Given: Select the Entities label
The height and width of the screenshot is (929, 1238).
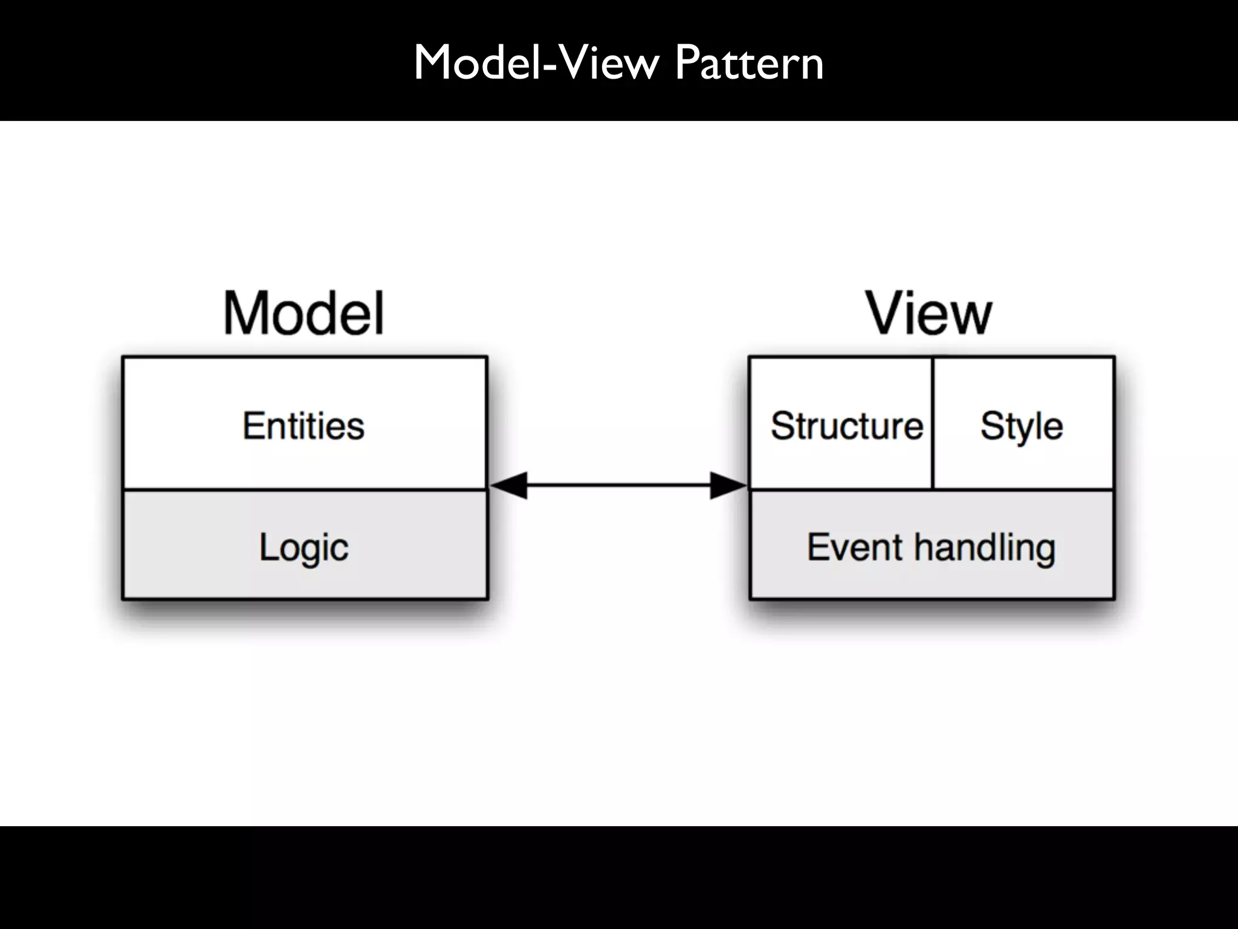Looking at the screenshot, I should (x=304, y=426).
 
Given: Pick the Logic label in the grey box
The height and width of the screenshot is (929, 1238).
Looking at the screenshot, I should (x=304, y=548).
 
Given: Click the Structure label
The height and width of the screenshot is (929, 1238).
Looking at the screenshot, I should (x=846, y=426).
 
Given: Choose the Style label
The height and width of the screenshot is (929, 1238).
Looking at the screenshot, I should (x=1022, y=426).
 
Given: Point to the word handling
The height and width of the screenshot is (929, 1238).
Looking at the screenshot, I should (x=985, y=548).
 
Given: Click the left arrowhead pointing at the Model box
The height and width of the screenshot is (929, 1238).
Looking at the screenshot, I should (x=509, y=485).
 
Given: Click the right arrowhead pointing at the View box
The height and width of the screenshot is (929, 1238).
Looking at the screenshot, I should (x=728, y=485).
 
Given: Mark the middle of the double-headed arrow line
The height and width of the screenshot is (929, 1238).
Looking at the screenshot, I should (x=618, y=485).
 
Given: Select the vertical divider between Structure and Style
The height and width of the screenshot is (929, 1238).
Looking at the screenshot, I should (x=933, y=423).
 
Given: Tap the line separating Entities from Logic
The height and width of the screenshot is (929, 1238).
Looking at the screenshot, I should (x=304, y=489).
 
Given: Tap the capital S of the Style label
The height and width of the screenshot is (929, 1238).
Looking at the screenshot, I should (x=991, y=426).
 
